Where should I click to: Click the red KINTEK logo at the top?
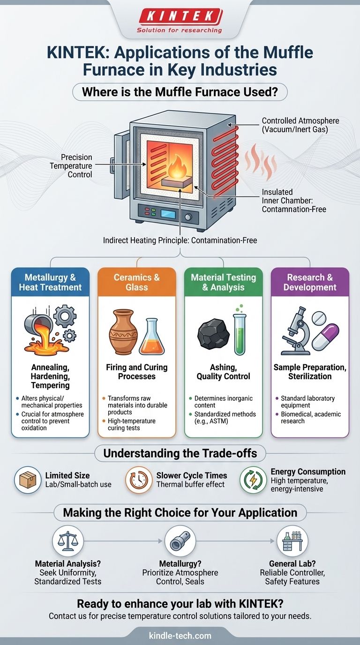[x=180, y=16]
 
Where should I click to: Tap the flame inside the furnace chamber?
[x=177, y=166]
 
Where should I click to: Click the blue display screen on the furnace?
[x=168, y=214]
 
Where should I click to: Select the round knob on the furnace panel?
[x=188, y=217]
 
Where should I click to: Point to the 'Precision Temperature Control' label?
[x=71, y=166]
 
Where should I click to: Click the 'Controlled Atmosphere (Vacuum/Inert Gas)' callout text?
[x=300, y=125]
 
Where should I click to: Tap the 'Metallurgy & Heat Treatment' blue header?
[x=51, y=282]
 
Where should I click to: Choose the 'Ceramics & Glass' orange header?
[x=137, y=282]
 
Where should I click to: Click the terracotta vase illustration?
[x=123, y=332]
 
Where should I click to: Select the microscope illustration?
[x=295, y=331]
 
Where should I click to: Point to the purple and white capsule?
[x=325, y=337]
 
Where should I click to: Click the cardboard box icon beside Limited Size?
[x=28, y=480]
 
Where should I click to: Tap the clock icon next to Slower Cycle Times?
[x=139, y=480]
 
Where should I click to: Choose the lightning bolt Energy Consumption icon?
[x=253, y=480]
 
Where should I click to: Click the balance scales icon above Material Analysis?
[x=67, y=541]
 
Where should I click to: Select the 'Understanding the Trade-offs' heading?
[x=180, y=453]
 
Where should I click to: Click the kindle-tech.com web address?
[x=180, y=636]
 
